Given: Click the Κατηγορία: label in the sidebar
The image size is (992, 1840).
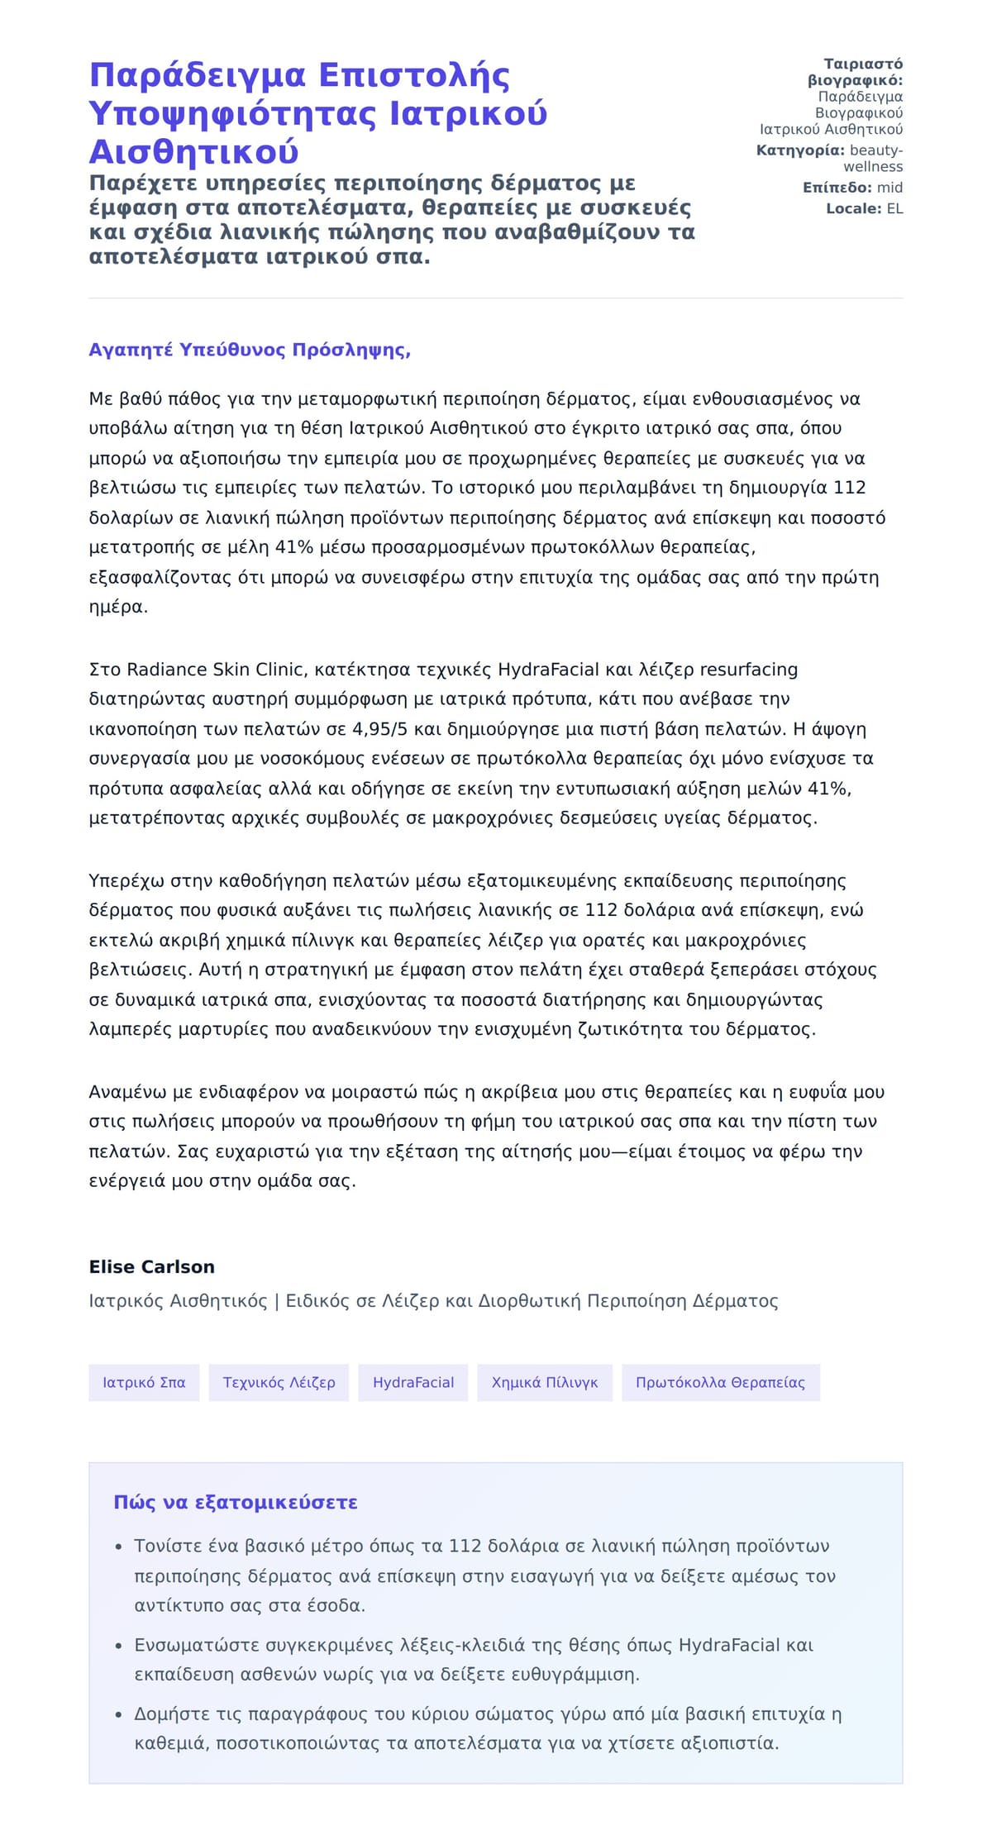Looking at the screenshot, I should click(x=799, y=150).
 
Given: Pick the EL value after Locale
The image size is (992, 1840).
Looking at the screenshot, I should click(x=894, y=209).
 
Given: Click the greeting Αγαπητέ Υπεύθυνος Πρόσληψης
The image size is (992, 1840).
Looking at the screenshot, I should click(x=249, y=350).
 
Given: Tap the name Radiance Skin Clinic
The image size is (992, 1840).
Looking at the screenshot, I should click(x=217, y=670).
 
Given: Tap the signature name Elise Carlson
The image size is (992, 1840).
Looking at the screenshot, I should click(x=151, y=1267).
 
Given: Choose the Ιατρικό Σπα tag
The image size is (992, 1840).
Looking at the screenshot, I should click(x=144, y=1383).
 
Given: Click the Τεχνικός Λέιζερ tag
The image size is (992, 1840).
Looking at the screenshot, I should click(x=279, y=1383).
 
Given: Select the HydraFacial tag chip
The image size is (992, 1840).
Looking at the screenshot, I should click(x=413, y=1383).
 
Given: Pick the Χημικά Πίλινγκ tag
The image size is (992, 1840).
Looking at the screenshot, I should click(x=545, y=1383).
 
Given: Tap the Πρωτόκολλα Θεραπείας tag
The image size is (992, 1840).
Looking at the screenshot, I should click(x=720, y=1383).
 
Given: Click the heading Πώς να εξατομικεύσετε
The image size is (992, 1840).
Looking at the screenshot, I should click(x=235, y=1503).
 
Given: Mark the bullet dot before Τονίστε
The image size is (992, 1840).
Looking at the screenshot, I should click(x=119, y=1547).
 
